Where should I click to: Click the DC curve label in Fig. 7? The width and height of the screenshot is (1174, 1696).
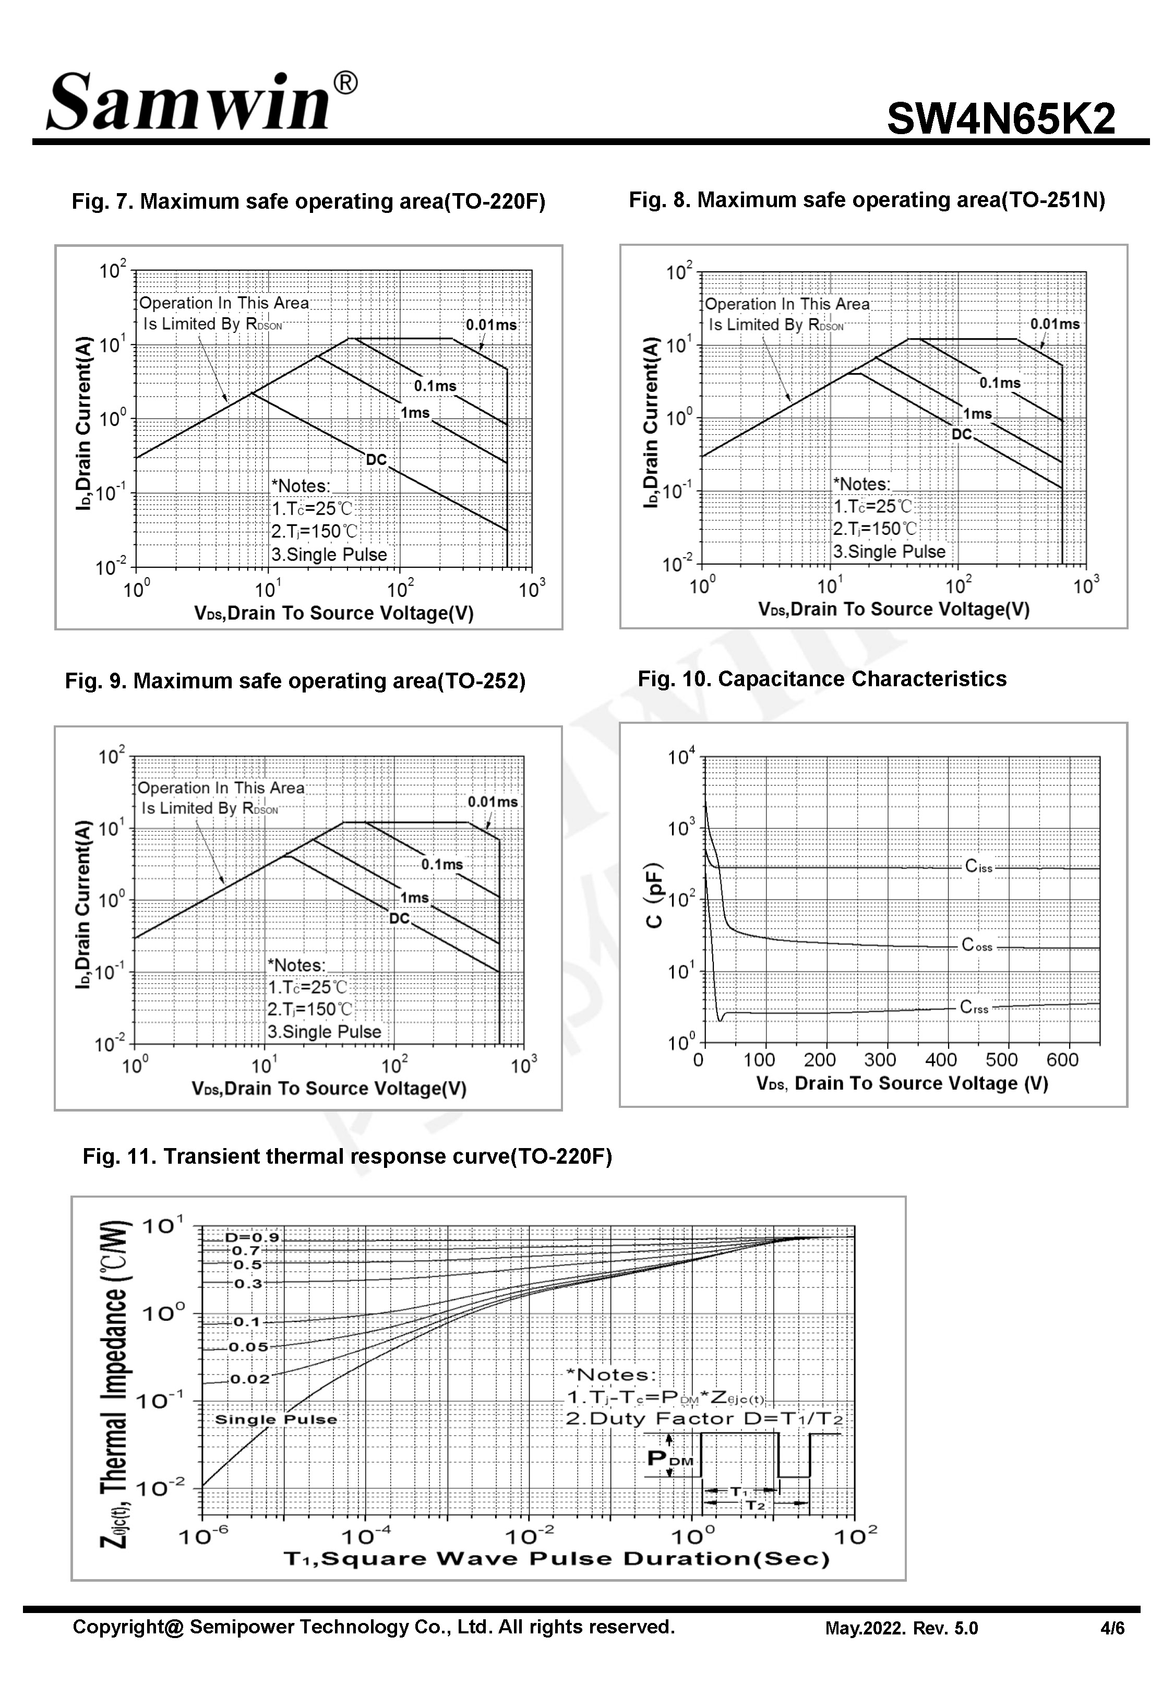click(x=376, y=460)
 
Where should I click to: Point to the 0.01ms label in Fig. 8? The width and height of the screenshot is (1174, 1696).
click(x=1054, y=324)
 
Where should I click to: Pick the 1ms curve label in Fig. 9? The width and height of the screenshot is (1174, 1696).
click(x=414, y=897)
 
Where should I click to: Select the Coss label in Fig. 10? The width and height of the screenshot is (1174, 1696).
click(x=977, y=945)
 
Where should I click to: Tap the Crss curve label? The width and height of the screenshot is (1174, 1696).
click(x=974, y=1008)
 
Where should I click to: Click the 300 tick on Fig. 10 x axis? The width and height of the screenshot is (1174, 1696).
click(x=880, y=1060)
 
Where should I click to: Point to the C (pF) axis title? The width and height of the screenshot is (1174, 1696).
click(x=654, y=895)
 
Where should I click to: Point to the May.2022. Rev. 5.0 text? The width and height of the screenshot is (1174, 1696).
click(x=901, y=1628)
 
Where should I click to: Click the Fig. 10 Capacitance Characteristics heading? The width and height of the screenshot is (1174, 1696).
click(x=822, y=679)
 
